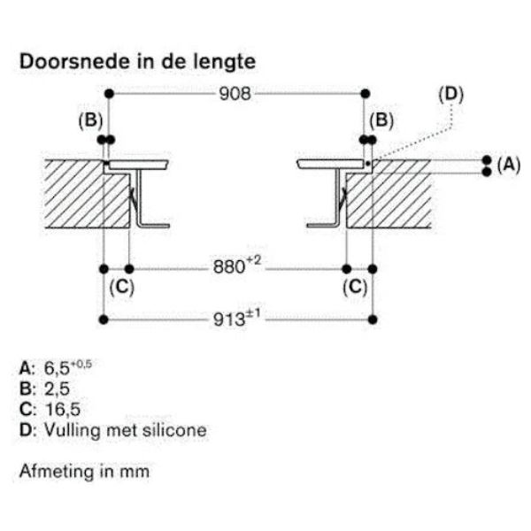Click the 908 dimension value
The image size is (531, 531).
[x=235, y=93]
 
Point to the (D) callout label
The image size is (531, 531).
[x=451, y=93]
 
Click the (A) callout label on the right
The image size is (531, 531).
[x=507, y=164]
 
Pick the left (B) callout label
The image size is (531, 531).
[x=91, y=120]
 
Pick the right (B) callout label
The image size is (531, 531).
[x=381, y=120]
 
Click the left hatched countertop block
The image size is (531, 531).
[x=74, y=195]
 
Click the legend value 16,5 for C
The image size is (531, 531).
[x=54, y=409]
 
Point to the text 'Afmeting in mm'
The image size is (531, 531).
[x=85, y=471]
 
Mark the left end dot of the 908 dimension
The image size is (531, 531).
[x=108, y=93]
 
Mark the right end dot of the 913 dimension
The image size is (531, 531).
[x=374, y=319]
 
